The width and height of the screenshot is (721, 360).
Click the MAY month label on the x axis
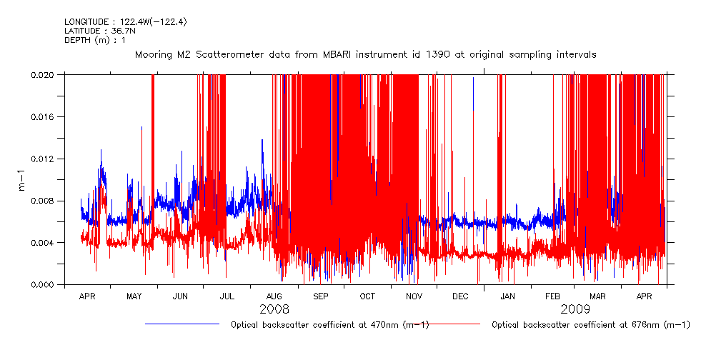click(134, 296)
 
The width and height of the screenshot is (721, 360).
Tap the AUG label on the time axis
click(274, 296)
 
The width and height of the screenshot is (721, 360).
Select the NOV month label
click(414, 296)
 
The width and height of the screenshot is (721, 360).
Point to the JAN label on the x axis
click(507, 296)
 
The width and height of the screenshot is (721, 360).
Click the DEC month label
click(461, 296)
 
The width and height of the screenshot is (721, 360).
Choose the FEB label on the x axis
click(553, 296)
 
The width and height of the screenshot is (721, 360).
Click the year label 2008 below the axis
click(274, 309)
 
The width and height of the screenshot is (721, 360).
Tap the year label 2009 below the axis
click(575, 309)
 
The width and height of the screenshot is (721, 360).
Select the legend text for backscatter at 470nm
click(329, 325)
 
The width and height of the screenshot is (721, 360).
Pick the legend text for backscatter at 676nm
click(591, 325)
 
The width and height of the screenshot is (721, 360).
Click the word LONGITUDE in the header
click(86, 22)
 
